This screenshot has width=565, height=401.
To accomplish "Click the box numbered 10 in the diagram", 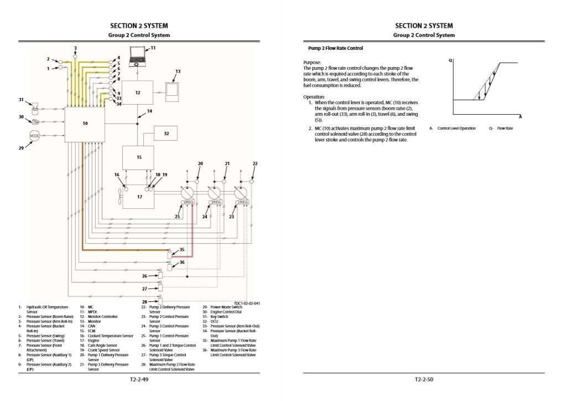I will (85, 124).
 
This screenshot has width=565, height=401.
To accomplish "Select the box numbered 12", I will (137, 92).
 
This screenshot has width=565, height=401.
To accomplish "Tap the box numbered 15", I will (139, 157).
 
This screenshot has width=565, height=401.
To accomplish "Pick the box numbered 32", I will (166, 133).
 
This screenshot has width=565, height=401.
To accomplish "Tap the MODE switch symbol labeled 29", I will (34, 135).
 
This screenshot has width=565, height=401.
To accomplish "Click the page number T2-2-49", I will (138, 379).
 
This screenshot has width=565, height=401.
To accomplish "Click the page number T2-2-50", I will (424, 379).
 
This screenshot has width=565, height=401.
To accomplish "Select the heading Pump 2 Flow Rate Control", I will (335, 48).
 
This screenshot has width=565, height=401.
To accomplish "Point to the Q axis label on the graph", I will (450, 60).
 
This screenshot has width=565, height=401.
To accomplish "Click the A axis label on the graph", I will (520, 117).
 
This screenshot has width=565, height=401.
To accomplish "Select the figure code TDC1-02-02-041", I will (246, 303).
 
